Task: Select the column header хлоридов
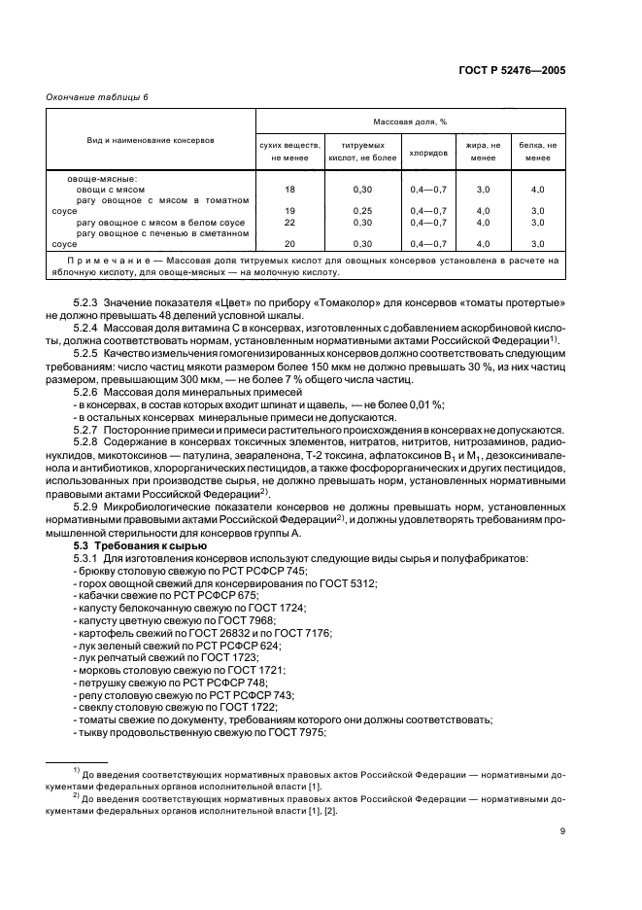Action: (x=428, y=153)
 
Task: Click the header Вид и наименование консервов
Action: (x=151, y=141)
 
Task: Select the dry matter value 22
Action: (x=289, y=223)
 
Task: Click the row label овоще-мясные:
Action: (x=102, y=178)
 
